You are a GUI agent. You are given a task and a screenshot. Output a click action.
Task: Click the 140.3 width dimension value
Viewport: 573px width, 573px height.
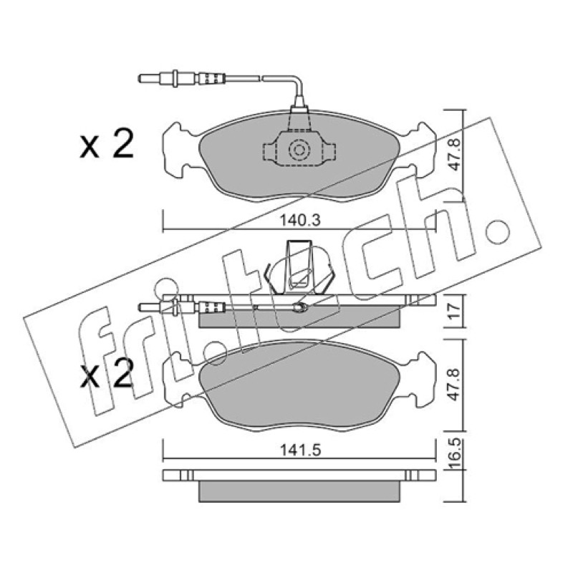point(299,221)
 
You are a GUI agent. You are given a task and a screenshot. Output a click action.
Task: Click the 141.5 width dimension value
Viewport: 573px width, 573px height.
point(300,450)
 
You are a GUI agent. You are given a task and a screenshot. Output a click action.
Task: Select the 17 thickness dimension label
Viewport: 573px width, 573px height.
point(454,311)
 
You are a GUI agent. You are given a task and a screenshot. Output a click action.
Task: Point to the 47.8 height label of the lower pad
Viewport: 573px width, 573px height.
point(454,384)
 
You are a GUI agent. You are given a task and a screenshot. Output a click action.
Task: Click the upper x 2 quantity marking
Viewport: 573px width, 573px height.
point(106,145)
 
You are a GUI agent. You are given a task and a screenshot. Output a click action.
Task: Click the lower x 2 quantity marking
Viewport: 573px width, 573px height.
point(106,373)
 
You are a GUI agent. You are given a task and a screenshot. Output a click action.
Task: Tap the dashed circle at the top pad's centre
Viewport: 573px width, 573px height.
point(299,150)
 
